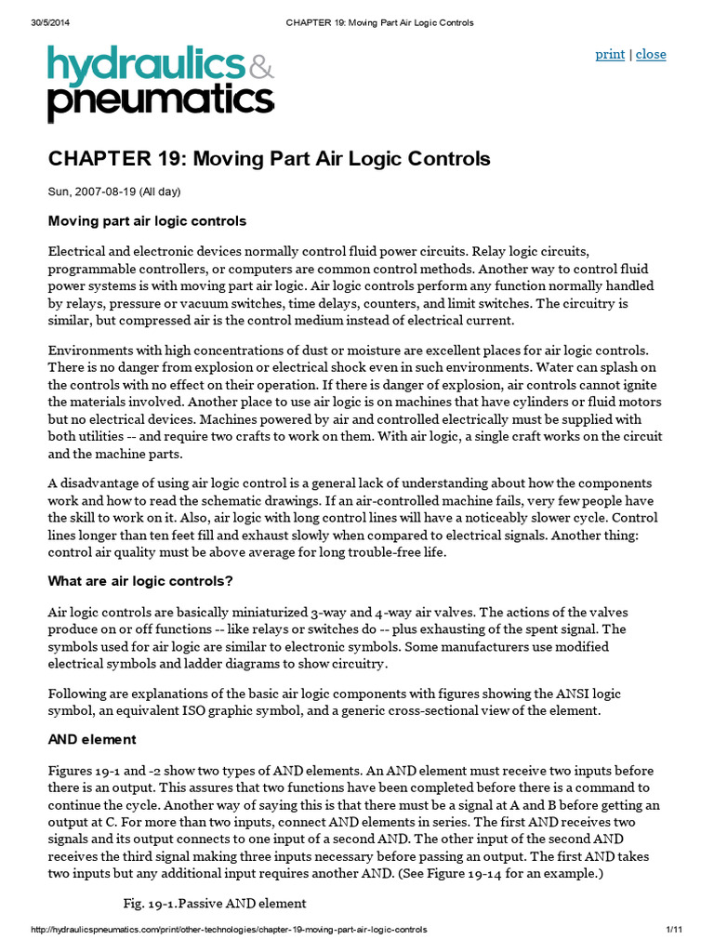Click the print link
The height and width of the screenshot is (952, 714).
pos(609,54)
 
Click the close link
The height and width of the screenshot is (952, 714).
pos(651,54)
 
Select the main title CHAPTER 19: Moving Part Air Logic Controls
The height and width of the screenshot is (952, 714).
pos(269,159)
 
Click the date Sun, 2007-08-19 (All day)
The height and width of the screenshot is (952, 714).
pos(113,192)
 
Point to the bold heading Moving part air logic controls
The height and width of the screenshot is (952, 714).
pos(147,221)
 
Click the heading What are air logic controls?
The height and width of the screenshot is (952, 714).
pos(139,581)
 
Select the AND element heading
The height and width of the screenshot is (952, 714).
pos(92,739)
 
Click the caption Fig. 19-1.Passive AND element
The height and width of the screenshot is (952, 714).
pos(215,903)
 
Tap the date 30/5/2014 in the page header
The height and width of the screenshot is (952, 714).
pos(40,23)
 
